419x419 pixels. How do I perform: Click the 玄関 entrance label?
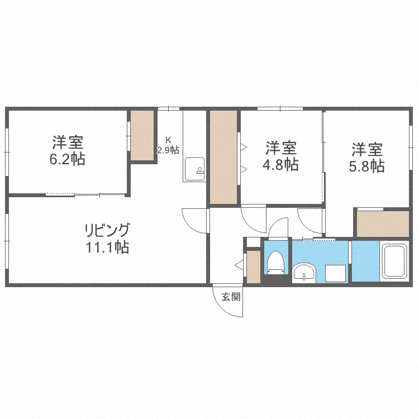click(231, 297)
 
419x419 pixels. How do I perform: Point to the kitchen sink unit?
click(195, 169)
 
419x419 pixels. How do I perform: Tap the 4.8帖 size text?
click(280, 165)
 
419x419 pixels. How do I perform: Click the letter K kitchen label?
click(167, 140)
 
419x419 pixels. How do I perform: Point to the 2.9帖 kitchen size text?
click(168, 150)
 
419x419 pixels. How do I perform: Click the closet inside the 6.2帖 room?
click(142, 136)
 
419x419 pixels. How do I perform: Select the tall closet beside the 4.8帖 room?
click(223, 157)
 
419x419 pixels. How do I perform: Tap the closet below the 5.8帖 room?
click(383, 223)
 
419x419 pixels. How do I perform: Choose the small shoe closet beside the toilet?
click(253, 267)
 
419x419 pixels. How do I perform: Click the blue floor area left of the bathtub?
click(365, 261)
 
